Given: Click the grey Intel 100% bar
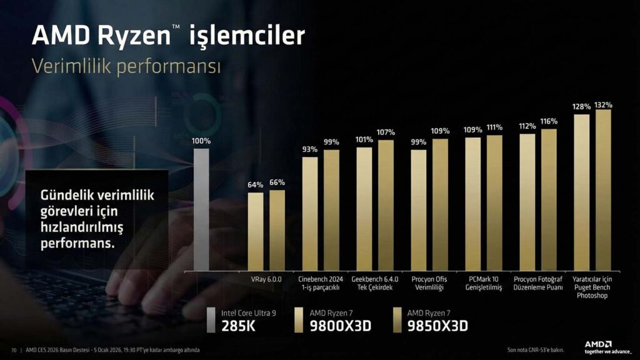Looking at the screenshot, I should (201, 209).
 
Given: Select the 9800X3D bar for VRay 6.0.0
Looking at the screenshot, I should (255, 231).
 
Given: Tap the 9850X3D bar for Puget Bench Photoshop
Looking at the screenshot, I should (603, 190).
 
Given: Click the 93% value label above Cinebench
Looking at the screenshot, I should (309, 149).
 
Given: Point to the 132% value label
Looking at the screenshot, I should (603, 105).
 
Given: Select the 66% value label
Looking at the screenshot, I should (277, 182).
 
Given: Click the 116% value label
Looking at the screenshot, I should (549, 121).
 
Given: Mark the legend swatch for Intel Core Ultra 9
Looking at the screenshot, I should (212, 319).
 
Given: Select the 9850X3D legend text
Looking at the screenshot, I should (437, 326).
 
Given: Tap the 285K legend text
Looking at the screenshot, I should (238, 326).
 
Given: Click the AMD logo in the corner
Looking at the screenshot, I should (597, 344).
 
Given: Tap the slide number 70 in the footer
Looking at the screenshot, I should (14, 349).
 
